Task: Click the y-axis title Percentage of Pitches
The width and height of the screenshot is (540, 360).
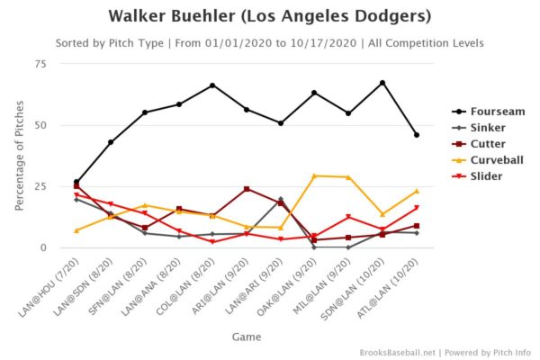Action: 19,155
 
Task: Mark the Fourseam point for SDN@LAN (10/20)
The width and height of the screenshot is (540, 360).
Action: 382,83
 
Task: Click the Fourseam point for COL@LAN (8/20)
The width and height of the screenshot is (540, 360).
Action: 212,85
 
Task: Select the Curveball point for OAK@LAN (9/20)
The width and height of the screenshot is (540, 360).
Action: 314,175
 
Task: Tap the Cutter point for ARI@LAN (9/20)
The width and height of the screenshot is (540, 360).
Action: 247,189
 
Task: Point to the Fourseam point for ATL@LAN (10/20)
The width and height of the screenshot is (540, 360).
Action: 416,135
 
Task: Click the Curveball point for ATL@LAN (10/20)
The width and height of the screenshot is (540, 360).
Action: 416,191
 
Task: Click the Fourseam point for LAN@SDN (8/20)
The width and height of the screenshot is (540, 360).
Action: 111,142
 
